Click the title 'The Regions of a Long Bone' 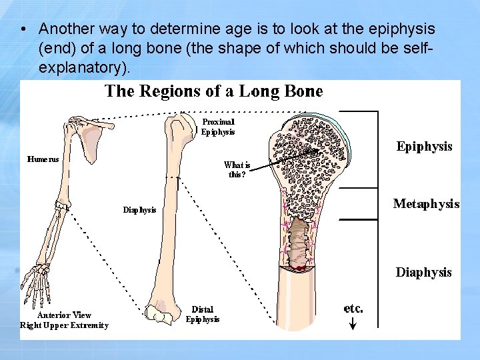[213, 91]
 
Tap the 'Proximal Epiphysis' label [218, 127]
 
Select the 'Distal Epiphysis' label [203, 314]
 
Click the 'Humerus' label [43, 159]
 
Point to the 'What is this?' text [237, 169]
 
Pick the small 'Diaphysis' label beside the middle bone [140, 210]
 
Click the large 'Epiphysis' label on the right [424, 147]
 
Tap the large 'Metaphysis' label [426, 204]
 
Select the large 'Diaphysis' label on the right [423, 272]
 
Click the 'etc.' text [353, 308]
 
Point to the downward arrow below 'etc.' [353, 323]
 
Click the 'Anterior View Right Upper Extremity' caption [64, 320]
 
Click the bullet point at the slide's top [23, 30]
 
